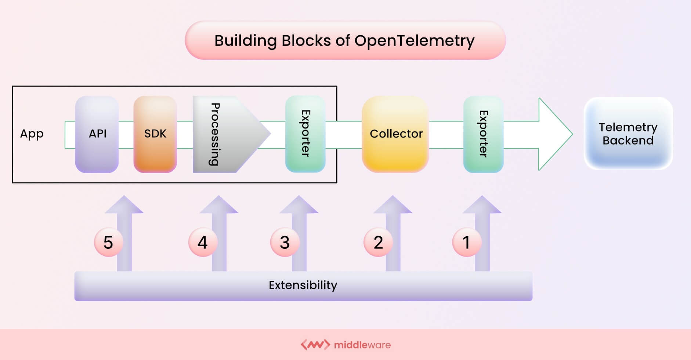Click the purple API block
click(97, 134)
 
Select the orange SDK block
click(155, 134)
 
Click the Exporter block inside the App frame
click(305, 134)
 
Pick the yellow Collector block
click(395, 134)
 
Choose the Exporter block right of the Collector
click(483, 134)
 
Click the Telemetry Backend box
click(628, 134)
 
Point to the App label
click(32, 134)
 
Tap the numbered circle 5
click(108, 242)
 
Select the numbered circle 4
click(203, 242)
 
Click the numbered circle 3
click(285, 242)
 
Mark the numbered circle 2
click(378, 242)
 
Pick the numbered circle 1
click(466, 242)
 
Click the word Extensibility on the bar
click(303, 286)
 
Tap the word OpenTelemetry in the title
click(414, 41)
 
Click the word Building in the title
click(245, 41)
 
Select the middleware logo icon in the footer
click(315, 345)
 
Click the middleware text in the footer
click(362, 345)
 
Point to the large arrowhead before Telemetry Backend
click(554, 134)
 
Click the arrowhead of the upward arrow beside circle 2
click(393, 206)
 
